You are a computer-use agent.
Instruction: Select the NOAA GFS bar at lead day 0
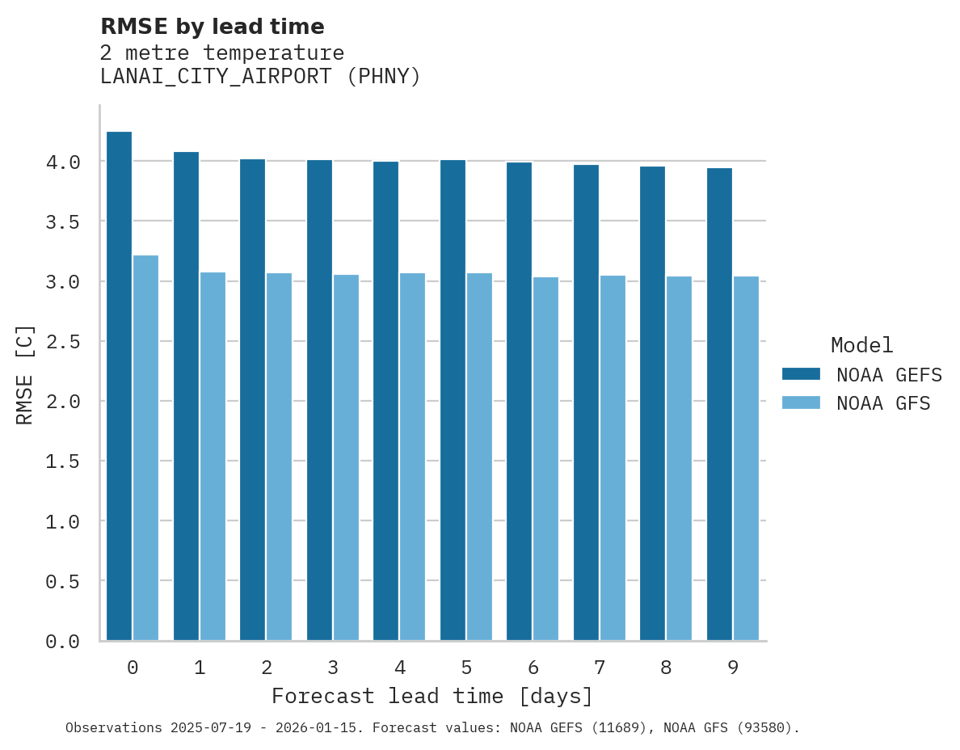(145, 448)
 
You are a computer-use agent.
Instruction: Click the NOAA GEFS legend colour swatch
(801, 374)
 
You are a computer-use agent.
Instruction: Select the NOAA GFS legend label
(883, 403)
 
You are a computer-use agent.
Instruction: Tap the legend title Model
(861, 345)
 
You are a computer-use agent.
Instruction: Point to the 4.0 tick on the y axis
(63, 162)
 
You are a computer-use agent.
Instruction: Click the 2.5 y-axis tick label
(63, 342)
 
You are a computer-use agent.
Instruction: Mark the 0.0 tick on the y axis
(63, 642)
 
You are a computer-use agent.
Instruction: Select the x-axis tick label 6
(533, 668)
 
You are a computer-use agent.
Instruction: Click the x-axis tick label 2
(267, 668)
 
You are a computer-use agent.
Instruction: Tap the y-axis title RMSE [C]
(25, 374)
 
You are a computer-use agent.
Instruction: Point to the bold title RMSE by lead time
(212, 27)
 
